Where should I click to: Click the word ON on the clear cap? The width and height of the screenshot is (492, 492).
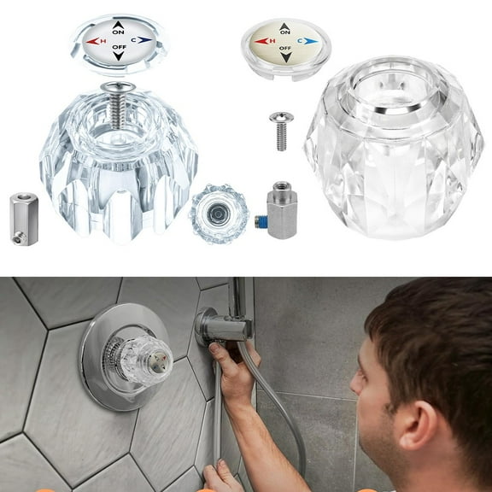(118, 32)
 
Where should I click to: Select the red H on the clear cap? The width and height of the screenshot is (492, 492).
(102, 41)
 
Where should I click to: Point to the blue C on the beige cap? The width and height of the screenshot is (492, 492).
(301, 40)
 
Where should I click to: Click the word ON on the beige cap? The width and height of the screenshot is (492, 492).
(285, 32)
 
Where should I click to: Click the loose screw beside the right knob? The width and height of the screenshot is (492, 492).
(280, 130)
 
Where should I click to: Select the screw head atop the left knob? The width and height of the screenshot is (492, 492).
(118, 87)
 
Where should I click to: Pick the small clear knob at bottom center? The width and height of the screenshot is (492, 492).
(218, 214)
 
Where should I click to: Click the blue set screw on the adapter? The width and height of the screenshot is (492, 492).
(261, 223)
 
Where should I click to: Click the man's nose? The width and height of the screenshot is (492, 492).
(359, 401)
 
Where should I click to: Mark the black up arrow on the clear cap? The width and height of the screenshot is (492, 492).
(118, 25)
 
